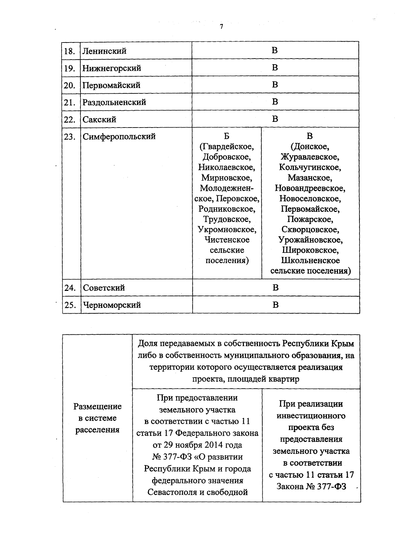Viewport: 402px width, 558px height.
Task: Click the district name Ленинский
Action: [x=105, y=51]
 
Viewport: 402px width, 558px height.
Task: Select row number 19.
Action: [x=70, y=68]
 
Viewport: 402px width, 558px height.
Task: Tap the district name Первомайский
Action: [x=111, y=85]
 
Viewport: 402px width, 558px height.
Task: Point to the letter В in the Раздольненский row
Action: [x=275, y=102]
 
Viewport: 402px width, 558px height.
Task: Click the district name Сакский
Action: [x=99, y=119]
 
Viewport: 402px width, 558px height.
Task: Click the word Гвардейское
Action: [x=227, y=147]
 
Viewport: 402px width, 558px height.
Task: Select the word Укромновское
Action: [x=227, y=230]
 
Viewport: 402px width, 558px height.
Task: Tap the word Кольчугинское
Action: [x=310, y=167]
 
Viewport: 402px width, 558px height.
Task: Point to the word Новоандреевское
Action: [x=310, y=188]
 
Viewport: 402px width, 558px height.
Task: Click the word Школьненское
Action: [x=310, y=260]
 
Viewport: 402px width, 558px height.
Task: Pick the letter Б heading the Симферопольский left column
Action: [x=227, y=136]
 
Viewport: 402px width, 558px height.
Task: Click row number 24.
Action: [x=70, y=288]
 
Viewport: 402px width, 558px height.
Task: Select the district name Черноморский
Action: [x=112, y=305]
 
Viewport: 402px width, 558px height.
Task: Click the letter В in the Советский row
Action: [x=275, y=288]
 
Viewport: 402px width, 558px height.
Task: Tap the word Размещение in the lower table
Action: [x=97, y=406]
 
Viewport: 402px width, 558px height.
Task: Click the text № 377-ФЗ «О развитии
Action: [x=197, y=457]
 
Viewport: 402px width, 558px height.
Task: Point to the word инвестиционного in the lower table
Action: [x=311, y=416]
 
